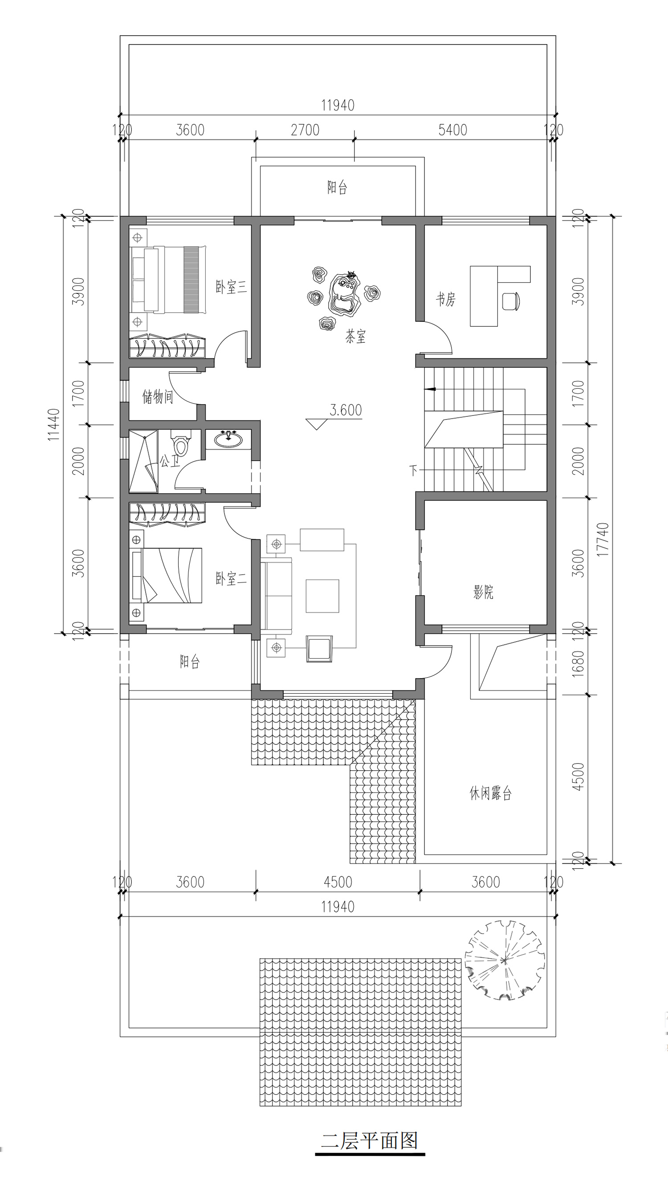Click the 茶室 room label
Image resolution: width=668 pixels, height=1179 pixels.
355,337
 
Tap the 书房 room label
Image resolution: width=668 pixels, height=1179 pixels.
446,300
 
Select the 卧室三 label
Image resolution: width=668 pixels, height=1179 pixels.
232,288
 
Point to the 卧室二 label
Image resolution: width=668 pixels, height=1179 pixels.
232,578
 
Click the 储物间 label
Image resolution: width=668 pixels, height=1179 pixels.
157,397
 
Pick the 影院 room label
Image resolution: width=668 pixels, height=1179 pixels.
484,593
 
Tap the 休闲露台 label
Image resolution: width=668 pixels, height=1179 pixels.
490,793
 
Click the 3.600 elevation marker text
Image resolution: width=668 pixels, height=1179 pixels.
346,410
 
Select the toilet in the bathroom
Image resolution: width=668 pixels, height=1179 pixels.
180,443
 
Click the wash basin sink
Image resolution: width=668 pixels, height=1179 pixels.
228,439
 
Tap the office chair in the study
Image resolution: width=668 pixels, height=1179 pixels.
511,301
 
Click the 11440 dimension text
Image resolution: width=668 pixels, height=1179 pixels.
54,425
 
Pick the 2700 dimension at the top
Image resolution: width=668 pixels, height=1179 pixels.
305,130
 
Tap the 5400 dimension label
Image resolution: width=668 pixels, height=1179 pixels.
453,130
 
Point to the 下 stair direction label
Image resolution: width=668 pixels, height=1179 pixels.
413,471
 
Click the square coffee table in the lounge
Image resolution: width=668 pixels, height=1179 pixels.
322,596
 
